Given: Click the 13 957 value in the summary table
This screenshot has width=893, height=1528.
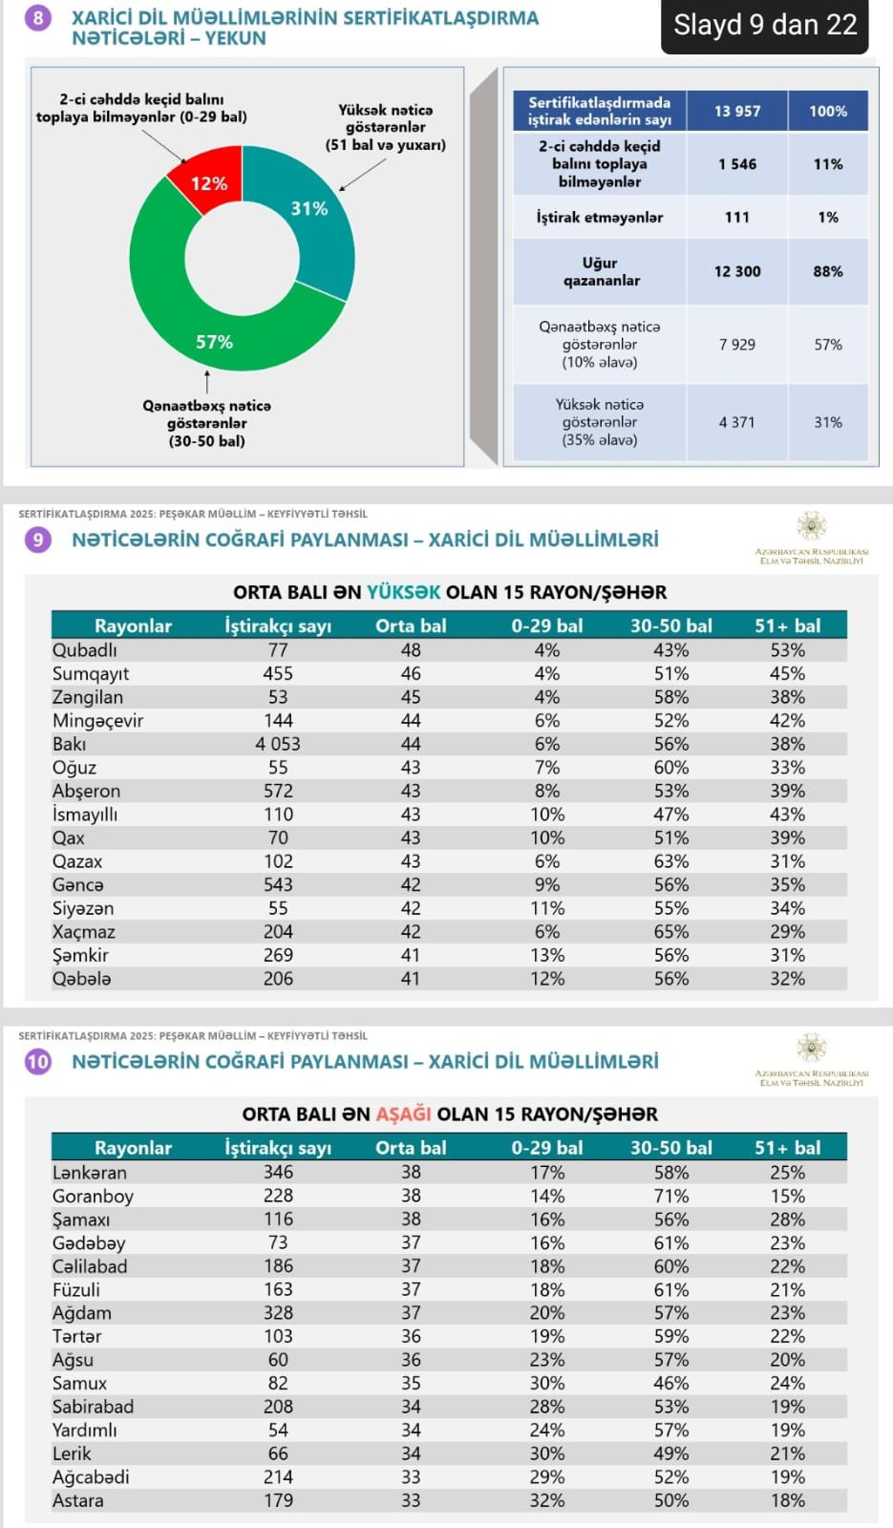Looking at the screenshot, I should (x=737, y=111).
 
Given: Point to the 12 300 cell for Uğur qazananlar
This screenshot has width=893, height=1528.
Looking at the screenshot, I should (x=737, y=271).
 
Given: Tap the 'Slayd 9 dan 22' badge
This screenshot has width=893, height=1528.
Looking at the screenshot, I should (x=765, y=25).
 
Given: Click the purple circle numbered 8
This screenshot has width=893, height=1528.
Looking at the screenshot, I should (x=38, y=18).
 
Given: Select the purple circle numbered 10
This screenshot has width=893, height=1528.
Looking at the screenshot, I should (x=38, y=1062).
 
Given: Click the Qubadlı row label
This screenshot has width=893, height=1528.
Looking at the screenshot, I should (x=84, y=650).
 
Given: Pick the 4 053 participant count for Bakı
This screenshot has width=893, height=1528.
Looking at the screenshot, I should (x=278, y=744).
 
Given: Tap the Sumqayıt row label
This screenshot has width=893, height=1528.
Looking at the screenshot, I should (x=91, y=673).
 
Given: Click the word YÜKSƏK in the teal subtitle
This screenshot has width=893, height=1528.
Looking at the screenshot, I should (x=404, y=592).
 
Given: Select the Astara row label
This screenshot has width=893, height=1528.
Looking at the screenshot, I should (x=77, y=1500).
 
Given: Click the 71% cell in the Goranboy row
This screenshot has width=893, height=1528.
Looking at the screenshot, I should (x=670, y=1196).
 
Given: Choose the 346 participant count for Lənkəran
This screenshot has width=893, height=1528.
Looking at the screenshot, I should (x=278, y=1172).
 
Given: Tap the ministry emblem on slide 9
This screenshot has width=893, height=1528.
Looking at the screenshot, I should (x=812, y=526).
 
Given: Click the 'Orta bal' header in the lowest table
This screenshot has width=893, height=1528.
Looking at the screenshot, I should (x=411, y=1148).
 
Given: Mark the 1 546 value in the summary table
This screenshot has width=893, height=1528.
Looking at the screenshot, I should (x=737, y=164).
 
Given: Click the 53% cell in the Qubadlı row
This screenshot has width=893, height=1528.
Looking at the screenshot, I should (x=787, y=650).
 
